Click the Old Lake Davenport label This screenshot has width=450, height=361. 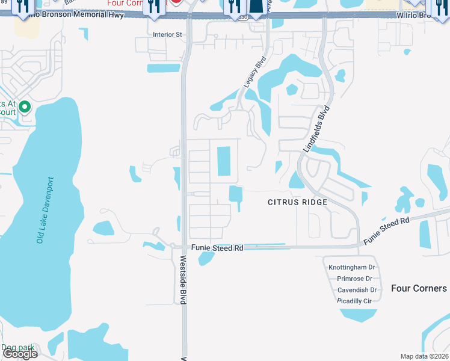coord(45,210)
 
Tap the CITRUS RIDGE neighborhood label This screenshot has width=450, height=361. coord(298,202)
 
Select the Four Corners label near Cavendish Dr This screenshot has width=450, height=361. coord(419,288)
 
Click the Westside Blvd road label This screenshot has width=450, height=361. coord(183,280)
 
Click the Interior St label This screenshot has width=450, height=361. coord(167,35)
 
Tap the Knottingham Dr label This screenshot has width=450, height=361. coord(351,267)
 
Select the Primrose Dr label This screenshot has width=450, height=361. coord(356,279)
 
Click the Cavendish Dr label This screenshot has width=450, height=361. coord(357,289)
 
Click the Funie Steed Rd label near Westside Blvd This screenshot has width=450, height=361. coord(217,247)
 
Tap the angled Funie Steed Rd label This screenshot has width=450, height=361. coord(386,230)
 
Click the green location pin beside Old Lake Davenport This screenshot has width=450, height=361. coord(25,108)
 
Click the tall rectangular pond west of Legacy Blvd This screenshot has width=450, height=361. coord(223,161)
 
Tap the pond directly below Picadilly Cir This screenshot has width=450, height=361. coord(359,315)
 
